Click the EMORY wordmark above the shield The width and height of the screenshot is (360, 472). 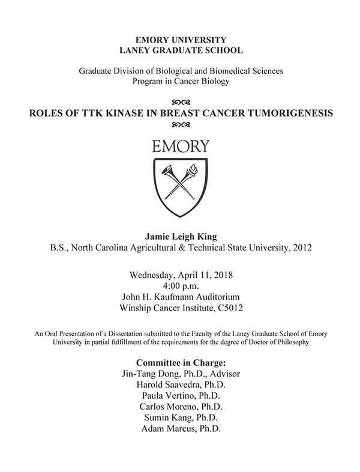pos(181,146)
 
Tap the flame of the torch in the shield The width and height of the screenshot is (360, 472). pos(194,168)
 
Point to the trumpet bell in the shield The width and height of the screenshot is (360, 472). pos(167,170)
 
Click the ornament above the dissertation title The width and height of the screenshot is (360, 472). pos(181,101)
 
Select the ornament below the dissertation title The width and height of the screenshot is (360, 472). pos(181,125)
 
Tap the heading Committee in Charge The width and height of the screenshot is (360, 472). pos(181,363)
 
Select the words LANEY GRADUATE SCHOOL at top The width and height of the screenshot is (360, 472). pos(181,51)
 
